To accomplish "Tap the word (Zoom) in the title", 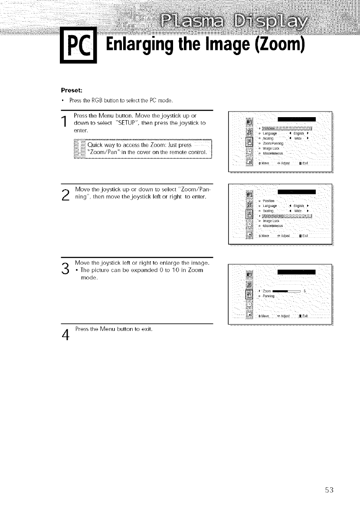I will pos(277,44).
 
